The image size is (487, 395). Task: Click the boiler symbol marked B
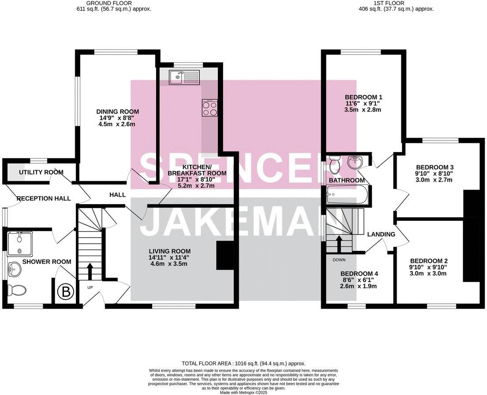coord(66,292)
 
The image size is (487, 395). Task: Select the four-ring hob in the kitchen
coord(210,108)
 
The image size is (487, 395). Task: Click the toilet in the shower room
coord(17,290)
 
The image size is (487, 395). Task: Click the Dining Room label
coord(117,112)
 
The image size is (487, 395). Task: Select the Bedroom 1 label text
coord(363,97)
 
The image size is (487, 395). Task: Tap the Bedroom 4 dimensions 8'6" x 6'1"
coord(359,279)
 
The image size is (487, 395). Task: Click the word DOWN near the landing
coord(339,260)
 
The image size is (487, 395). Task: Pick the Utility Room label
coord(41,172)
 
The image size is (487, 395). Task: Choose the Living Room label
coord(169,251)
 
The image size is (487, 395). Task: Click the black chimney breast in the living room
coord(225,256)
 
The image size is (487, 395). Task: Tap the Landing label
coord(381,234)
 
